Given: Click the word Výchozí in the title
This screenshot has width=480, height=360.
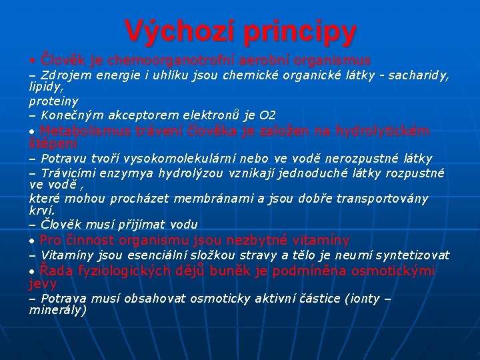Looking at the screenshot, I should click(179, 30).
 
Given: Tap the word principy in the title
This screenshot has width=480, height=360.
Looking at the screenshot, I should click(299, 31).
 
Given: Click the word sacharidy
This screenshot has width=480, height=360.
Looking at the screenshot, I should click(419, 75).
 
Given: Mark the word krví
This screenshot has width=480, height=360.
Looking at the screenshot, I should click(40, 211).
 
